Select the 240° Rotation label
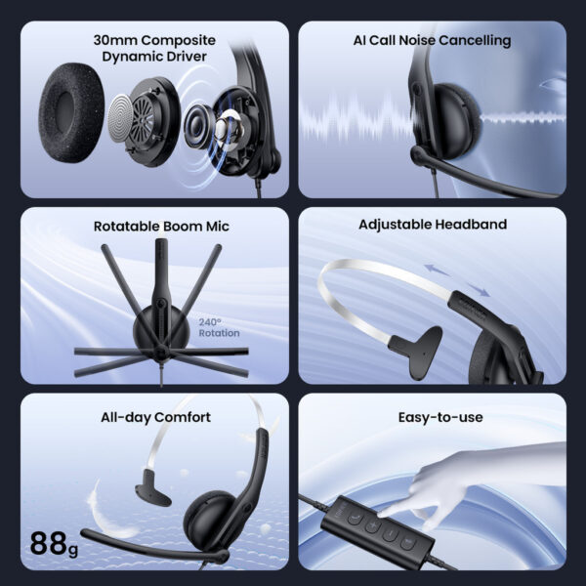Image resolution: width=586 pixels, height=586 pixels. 219,328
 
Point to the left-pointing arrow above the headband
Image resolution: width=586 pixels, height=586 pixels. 437,270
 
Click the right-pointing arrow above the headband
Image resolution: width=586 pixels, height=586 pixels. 478,290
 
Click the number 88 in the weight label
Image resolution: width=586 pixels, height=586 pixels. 49,543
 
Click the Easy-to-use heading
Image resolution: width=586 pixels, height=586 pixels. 440,417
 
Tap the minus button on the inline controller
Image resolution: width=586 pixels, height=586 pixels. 390,534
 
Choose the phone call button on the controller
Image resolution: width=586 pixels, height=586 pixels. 355,518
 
